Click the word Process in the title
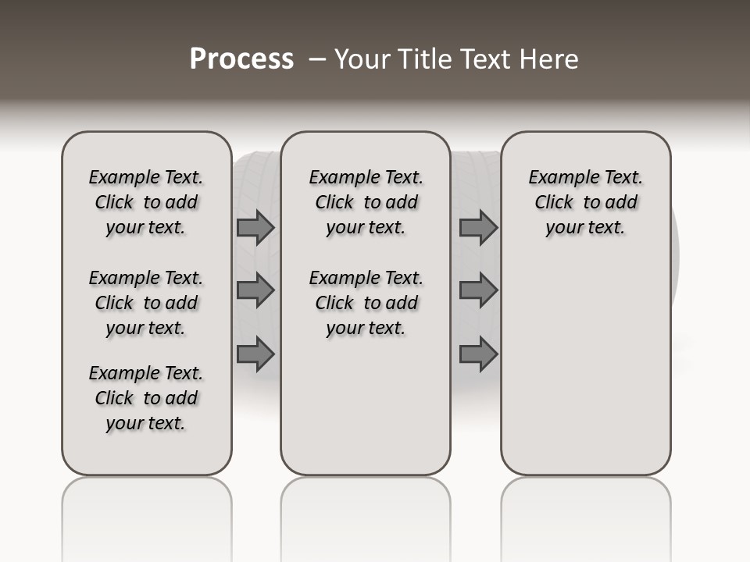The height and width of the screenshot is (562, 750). tap(241, 59)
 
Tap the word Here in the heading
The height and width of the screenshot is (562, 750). tap(550, 59)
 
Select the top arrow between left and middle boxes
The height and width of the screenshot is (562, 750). tap(255, 228)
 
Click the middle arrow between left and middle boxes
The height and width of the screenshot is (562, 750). tap(255, 290)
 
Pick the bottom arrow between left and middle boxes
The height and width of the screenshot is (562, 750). tap(255, 354)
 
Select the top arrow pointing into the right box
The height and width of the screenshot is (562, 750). tap(478, 228)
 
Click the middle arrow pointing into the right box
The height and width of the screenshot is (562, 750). tap(478, 290)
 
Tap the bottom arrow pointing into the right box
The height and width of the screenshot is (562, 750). tap(478, 354)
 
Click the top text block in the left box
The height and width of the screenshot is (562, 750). tap(146, 202)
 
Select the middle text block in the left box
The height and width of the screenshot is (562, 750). tap(146, 303)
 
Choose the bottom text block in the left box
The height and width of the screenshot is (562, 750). tap(146, 398)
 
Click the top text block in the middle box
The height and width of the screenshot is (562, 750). tap(366, 202)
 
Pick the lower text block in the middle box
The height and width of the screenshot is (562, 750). tap(366, 303)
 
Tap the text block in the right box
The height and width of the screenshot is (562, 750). tap(585, 202)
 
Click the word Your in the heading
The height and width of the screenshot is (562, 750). tap(363, 59)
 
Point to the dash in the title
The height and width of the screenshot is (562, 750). tap(317, 59)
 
